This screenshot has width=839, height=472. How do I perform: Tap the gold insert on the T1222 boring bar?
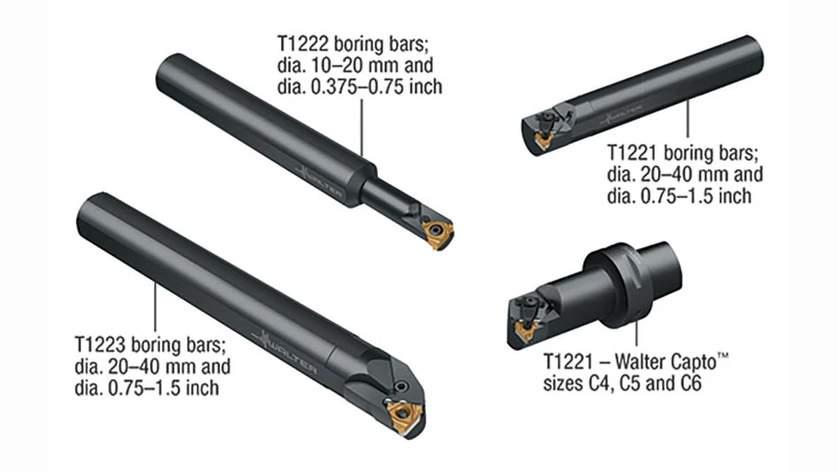tap(437, 233)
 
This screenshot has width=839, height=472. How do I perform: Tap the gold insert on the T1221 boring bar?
tap(544, 140)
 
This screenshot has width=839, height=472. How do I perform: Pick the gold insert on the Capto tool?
tap(526, 330)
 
